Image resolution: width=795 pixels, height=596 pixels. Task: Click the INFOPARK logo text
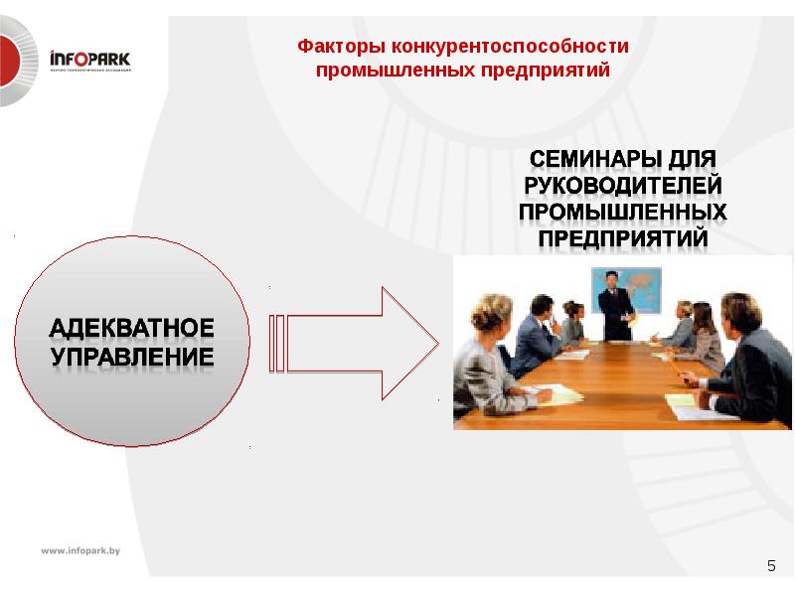click(x=89, y=60)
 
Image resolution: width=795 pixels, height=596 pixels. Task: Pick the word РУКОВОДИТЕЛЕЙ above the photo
click(x=623, y=186)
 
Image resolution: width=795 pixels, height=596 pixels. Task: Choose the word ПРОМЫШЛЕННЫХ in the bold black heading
click(x=623, y=213)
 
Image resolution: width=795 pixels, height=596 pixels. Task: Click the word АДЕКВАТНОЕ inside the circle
click(x=132, y=328)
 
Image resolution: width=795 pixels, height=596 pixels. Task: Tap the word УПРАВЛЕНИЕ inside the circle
click(x=132, y=356)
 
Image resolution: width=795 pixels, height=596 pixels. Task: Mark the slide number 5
click(x=771, y=565)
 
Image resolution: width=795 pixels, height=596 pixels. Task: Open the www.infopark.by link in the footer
click(x=79, y=550)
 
